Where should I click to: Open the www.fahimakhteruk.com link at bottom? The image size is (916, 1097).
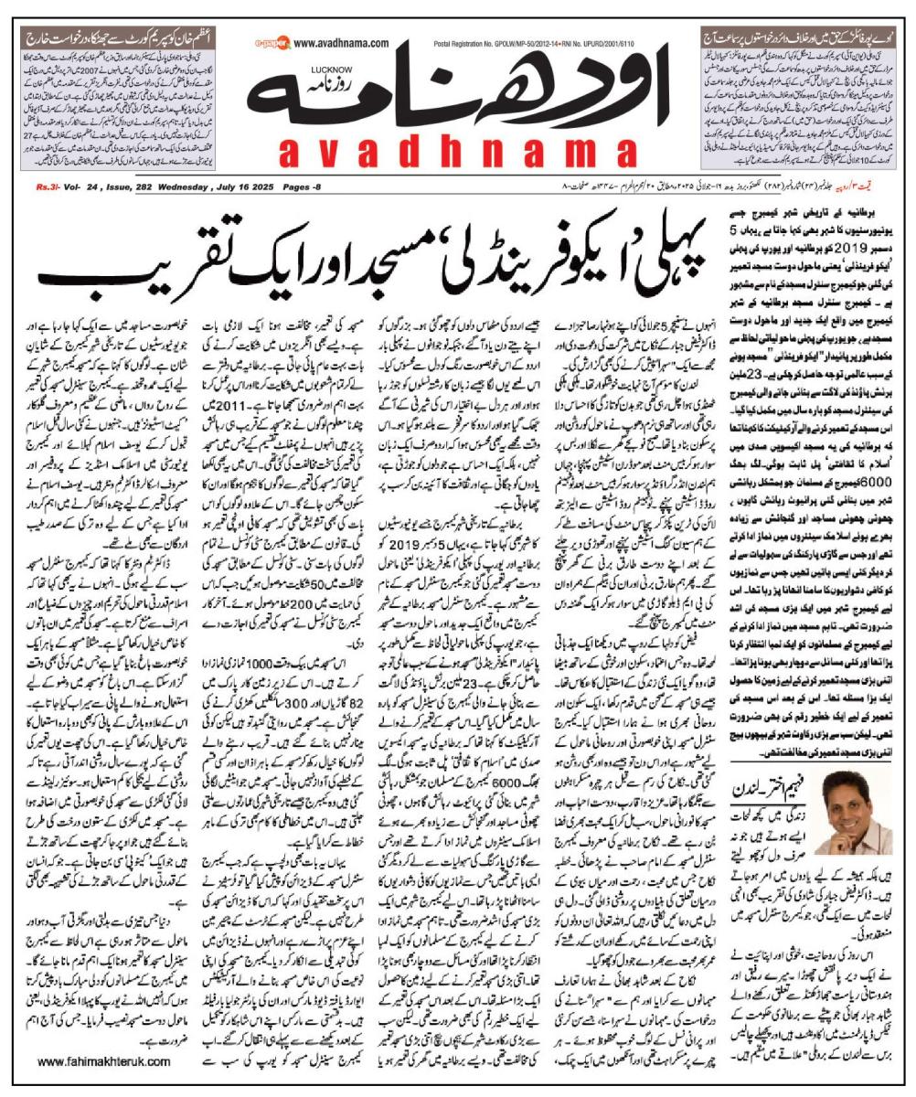coord(105,1061)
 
